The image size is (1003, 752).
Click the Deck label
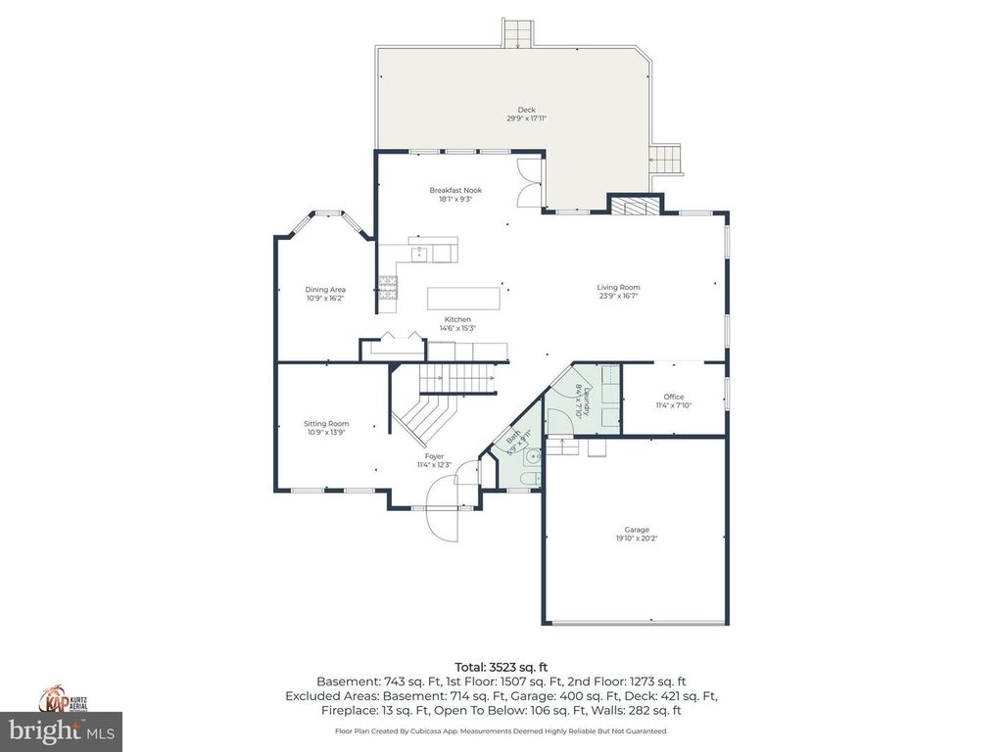(526, 110)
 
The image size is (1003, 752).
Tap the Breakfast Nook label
(455, 190)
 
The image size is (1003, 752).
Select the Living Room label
(618, 288)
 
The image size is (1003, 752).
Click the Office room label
(673, 397)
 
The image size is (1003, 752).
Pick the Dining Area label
(325, 289)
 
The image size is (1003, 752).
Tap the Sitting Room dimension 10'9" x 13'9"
(325, 432)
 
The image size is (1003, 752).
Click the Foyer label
(434, 456)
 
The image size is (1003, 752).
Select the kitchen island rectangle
(462, 297)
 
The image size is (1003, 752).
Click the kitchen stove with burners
(388, 287)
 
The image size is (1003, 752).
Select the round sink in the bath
(531, 456)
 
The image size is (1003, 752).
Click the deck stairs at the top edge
(516, 32)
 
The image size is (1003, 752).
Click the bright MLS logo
(61, 729)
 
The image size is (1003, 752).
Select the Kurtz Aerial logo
(61, 698)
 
